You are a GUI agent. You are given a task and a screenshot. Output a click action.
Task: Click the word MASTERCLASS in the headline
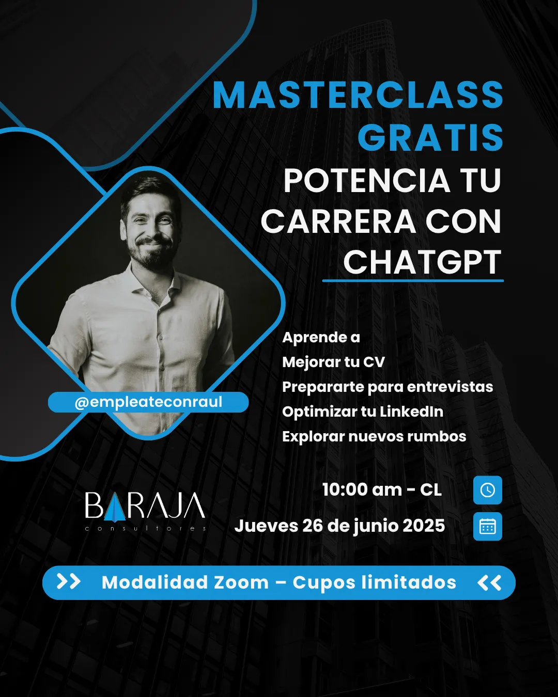click(x=358, y=94)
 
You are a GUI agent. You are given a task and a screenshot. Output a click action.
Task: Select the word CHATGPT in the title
click(x=422, y=262)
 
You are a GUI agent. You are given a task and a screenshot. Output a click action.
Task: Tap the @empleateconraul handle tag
click(x=148, y=402)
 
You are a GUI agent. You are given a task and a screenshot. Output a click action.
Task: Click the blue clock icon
click(x=487, y=490)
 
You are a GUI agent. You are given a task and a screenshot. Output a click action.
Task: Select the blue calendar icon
click(x=487, y=526)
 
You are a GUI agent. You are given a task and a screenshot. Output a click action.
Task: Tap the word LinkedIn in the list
click(x=411, y=411)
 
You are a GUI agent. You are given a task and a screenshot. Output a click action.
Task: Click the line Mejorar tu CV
click(x=333, y=362)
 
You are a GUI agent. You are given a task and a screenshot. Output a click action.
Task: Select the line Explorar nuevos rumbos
click(x=374, y=436)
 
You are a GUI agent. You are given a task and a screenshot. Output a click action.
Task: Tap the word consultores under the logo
click(x=145, y=529)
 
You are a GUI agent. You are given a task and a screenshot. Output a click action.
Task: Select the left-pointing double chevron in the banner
click(x=489, y=583)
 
